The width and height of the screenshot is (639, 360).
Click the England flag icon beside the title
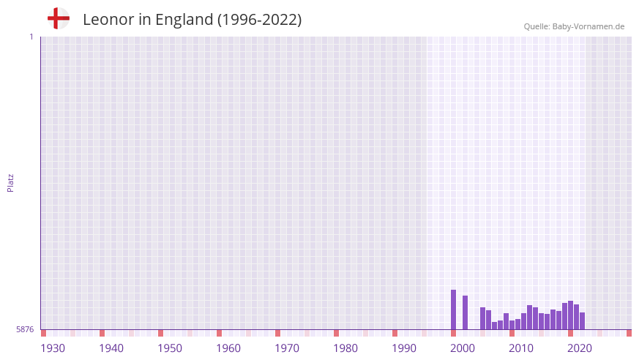pos(59,18)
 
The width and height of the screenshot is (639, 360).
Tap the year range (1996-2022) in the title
pos(259,20)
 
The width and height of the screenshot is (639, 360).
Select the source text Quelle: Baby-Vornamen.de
pos(574,26)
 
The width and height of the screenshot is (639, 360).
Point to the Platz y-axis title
pos(10,182)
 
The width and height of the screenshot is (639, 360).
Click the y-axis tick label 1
pos(31,37)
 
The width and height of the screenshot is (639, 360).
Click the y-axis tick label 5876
pos(25,329)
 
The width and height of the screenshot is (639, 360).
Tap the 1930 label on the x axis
pos(53,348)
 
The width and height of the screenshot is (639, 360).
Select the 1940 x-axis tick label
pos(111,348)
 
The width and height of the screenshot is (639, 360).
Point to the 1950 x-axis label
pos(170,348)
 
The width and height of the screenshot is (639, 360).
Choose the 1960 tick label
pos(228,348)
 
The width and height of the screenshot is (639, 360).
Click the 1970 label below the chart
pos(287,348)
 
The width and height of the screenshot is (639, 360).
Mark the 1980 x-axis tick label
pos(345,348)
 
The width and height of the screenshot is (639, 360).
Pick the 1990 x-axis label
pos(404,348)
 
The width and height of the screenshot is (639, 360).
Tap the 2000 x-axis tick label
pos(463,348)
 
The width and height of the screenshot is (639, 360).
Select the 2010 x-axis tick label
pos(521,348)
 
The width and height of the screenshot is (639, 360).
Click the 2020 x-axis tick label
pos(580,348)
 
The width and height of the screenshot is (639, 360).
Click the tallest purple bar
pos(453,310)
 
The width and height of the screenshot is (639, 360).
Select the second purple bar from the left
pos(465,312)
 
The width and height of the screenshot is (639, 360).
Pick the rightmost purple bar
pos(582,320)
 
